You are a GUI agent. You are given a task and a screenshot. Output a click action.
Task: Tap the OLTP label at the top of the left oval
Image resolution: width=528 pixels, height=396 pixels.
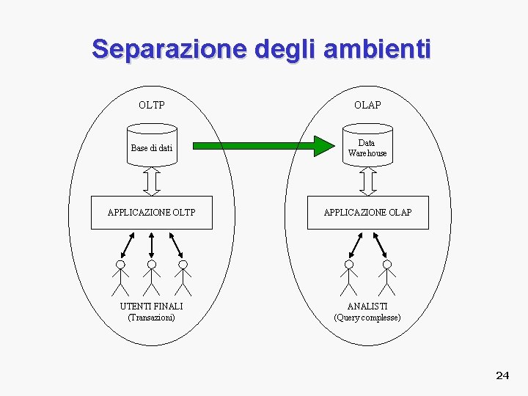(152, 105)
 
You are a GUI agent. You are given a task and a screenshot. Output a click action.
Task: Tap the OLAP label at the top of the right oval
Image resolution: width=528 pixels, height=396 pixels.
(367, 105)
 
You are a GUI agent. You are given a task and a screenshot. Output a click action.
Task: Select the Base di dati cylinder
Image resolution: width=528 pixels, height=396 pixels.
(152, 147)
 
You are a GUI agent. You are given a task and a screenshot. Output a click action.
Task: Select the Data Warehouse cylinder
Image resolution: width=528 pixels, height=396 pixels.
(367, 147)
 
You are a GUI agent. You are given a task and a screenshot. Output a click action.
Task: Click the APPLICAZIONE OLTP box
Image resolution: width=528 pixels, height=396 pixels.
(152, 213)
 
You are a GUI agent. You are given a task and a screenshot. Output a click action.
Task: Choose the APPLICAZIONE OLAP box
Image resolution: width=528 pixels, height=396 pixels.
(367, 213)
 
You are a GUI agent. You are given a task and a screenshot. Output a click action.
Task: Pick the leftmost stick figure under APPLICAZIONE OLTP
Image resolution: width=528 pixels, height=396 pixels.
(120, 276)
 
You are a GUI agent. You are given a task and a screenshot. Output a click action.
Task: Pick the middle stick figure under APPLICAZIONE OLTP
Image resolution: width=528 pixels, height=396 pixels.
(152, 276)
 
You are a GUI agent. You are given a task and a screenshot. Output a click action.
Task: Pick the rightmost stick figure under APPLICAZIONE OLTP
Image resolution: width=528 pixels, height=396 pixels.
(183, 276)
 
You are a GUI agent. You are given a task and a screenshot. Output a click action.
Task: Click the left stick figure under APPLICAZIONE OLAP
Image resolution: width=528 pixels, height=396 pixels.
(349, 276)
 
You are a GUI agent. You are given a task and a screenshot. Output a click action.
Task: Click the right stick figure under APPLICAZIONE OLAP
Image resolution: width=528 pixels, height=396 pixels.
(386, 276)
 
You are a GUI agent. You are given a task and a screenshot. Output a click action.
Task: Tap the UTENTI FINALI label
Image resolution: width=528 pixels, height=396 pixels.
(152, 306)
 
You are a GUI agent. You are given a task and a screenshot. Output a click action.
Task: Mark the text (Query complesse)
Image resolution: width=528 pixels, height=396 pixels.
(367, 318)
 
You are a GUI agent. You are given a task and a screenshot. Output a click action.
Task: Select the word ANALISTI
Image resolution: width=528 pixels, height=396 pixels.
(367, 306)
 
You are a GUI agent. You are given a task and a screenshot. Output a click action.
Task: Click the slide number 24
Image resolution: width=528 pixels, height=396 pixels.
(502, 375)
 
